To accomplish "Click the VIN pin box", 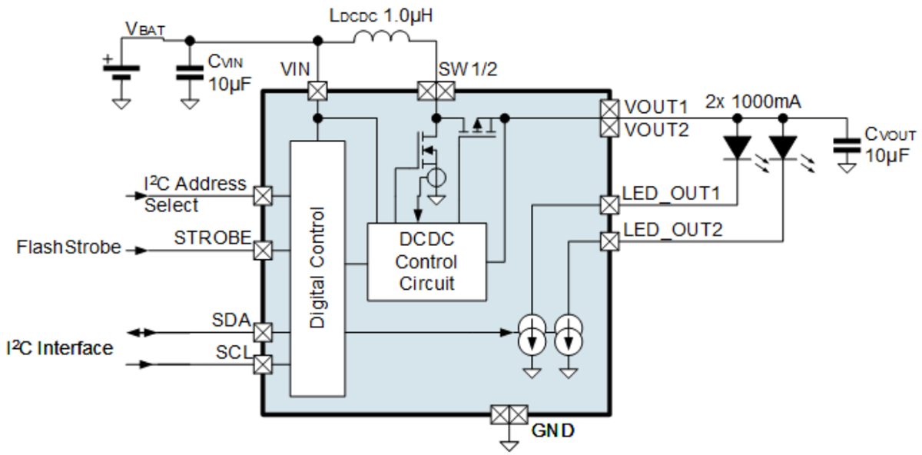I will [316, 91].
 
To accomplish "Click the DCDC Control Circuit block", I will [426, 261].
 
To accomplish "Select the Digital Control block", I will [317, 267].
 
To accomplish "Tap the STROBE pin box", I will [263, 250].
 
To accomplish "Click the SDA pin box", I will [263, 332].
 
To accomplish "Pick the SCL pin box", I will [263, 363].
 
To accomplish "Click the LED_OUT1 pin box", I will [609, 205].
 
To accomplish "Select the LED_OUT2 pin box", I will [609, 241].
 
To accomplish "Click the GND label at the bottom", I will [552, 430].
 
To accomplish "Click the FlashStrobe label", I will [68, 247].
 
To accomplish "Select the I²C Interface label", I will [59, 348].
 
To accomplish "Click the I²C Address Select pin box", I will [263, 196].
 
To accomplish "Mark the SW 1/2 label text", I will [467, 68].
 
